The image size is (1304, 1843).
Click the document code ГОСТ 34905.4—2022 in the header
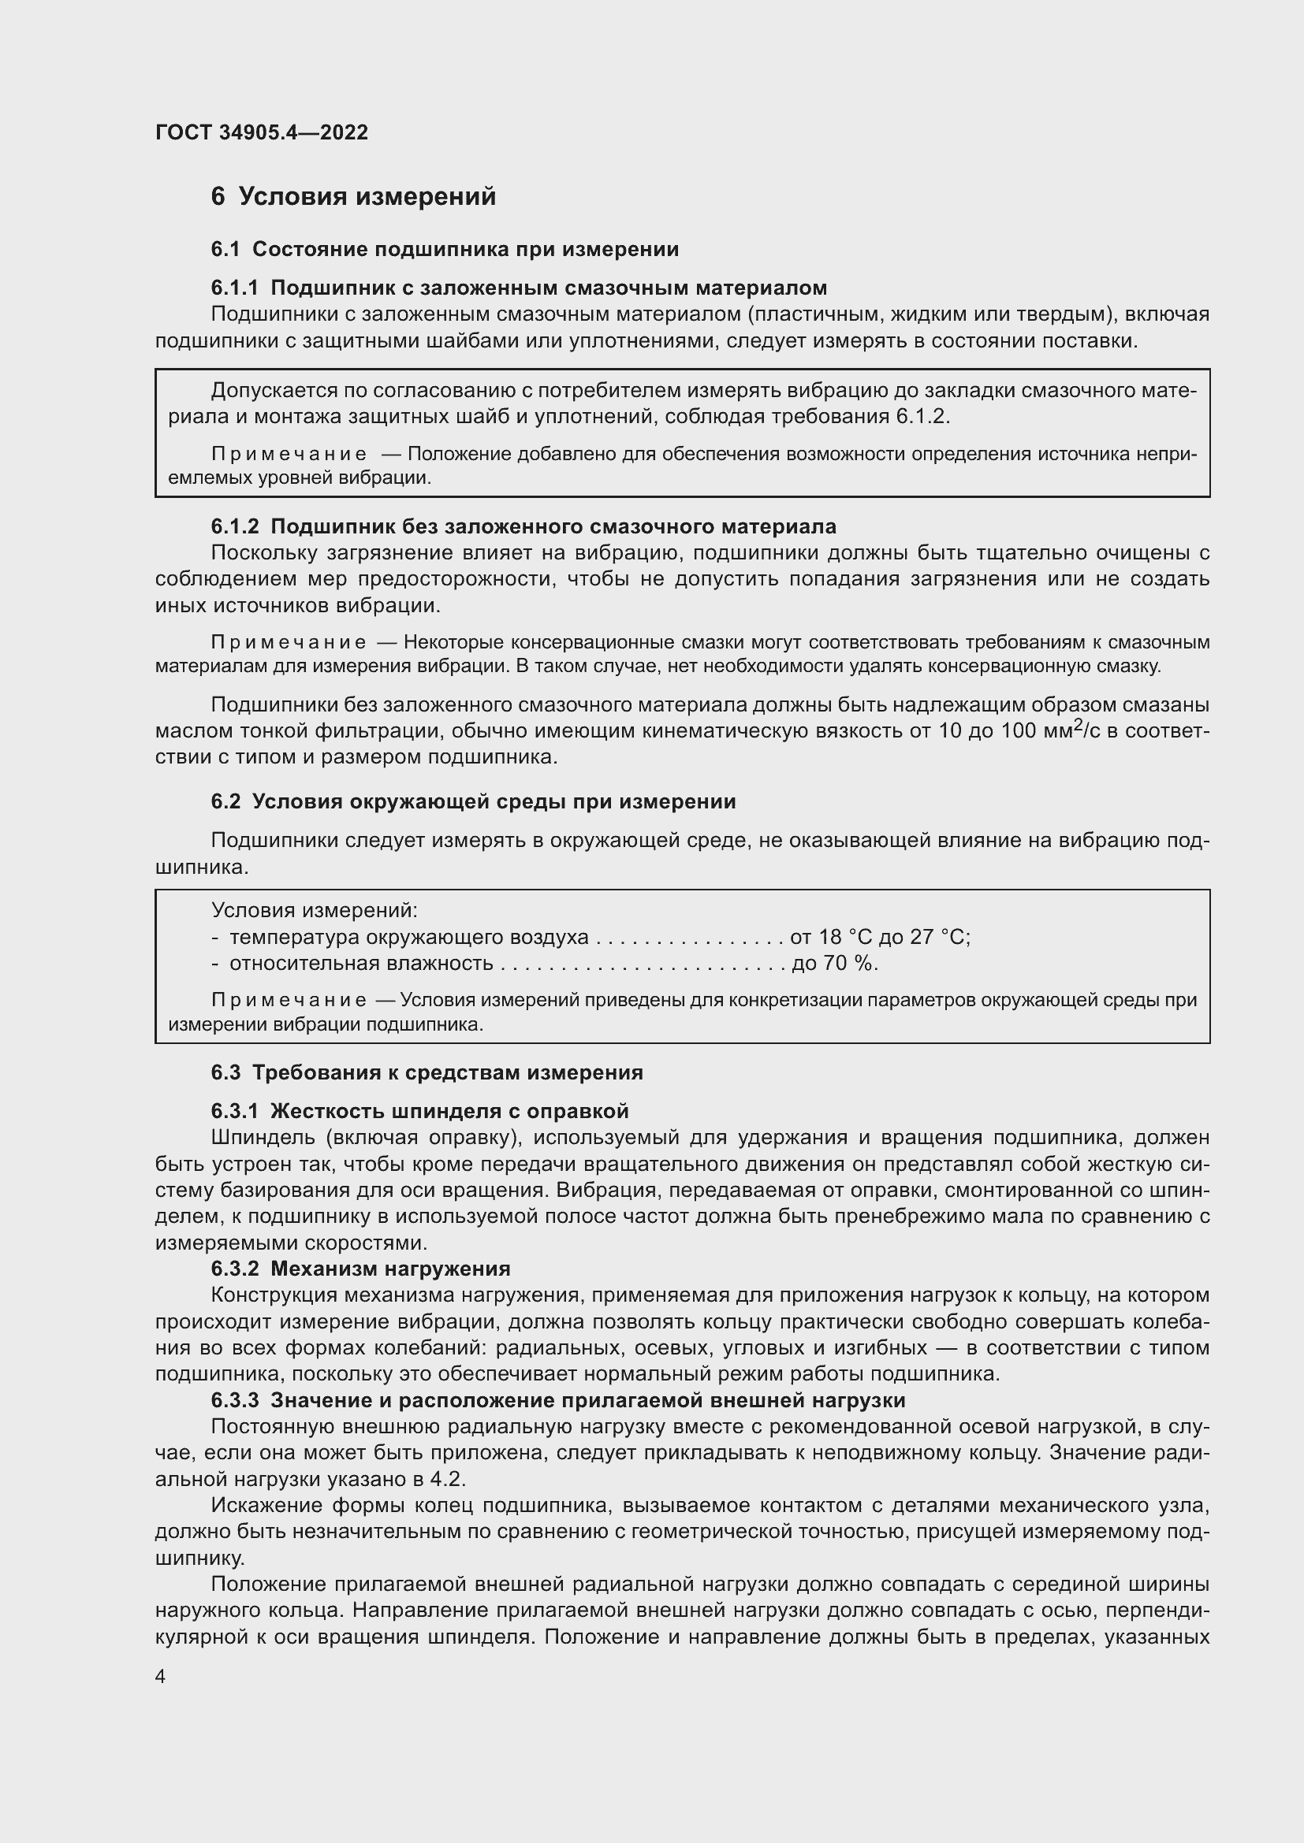[x=262, y=132]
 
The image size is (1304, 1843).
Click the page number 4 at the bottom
[x=161, y=1677]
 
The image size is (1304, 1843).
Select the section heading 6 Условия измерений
[x=353, y=197]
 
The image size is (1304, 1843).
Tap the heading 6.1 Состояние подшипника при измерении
[x=445, y=250]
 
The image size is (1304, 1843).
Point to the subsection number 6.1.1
[x=234, y=288]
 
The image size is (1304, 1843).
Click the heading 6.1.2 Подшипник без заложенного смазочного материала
[x=523, y=526]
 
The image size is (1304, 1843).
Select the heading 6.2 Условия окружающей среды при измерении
[x=473, y=801]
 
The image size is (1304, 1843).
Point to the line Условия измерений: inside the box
[x=314, y=910]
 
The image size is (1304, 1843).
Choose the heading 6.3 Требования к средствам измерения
[x=427, y=1072]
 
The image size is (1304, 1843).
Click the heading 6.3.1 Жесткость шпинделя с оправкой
[x=420, y=1111]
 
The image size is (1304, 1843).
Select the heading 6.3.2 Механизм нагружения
[x=360, y=1269]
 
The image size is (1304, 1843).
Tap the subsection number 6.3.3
[x=234, y=1400]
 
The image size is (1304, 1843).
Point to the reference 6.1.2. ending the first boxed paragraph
[x=922, y=417]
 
